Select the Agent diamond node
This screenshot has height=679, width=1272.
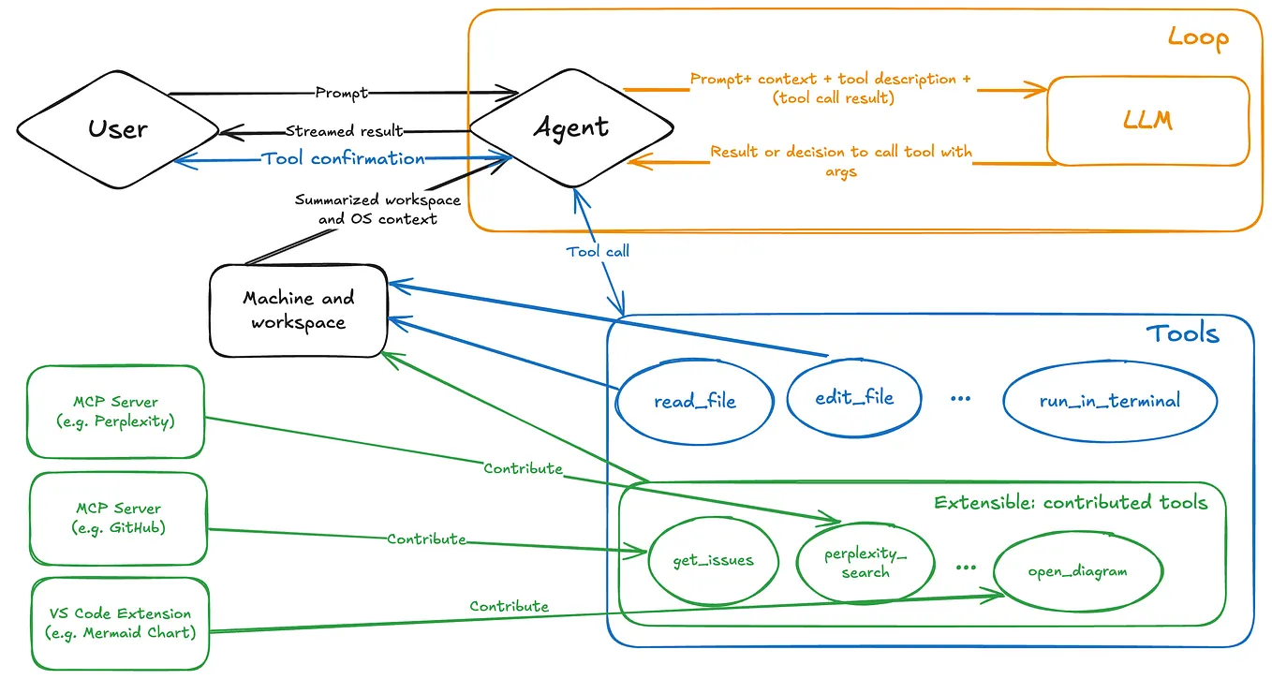tap(570, 127)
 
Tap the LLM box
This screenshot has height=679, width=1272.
tap(1147, 121)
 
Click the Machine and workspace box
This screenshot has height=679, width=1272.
tap(299, 310)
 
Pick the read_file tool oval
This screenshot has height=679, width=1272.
tap(694, 401)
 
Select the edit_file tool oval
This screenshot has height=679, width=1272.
tap(841, 397)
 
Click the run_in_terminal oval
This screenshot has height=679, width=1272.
tap(1110, 401)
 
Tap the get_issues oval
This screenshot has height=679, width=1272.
tap(713, 560)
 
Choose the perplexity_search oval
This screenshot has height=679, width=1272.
tap(865, 562)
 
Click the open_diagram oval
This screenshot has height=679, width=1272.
tap(1077, 570)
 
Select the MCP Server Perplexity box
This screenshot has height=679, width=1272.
tap(116, 411)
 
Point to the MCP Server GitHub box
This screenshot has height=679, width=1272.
tap(118, 518)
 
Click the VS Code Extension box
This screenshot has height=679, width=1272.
tap(119, 623)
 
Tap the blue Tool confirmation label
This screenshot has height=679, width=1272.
tap(344, 158)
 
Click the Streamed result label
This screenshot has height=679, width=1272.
tap(344, 131)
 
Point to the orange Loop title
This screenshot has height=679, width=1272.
tap(1197, 38)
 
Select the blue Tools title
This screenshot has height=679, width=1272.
tap(1182, 333)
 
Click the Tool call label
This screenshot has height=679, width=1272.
tap(598, 251)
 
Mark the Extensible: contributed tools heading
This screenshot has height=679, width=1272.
tap(1071, 503)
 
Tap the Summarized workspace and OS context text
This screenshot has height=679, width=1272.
tap(364, 209)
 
